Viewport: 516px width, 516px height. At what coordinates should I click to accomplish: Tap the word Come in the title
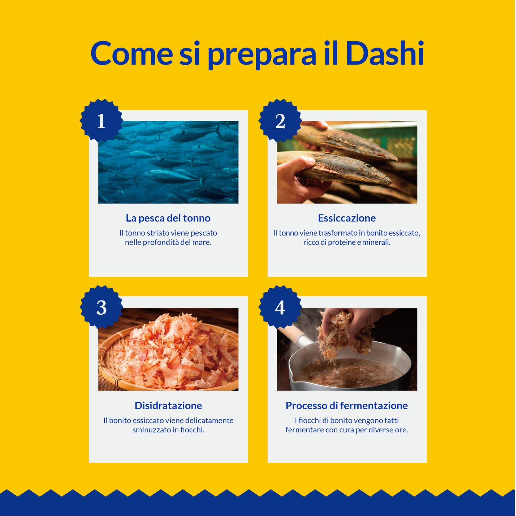tap(132, 53)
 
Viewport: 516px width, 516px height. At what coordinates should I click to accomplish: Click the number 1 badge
tap(101, 121)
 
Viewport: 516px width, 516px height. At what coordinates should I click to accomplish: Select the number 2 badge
tap(280, 121)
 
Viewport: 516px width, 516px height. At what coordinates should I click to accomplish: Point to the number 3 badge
tap(101, 307)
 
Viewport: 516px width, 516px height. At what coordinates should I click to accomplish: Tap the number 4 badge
tap(280, 307)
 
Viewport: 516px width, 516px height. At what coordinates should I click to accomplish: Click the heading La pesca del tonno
tap(168, 218)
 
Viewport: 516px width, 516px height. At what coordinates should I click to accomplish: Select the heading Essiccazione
tap(347, 218)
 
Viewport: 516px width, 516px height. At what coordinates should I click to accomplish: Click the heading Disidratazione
tap(168, 405)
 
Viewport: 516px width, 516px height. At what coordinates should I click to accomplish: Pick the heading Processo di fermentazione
tap(347, 405)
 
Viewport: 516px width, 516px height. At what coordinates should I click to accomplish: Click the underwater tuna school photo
tap(168, 162)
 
